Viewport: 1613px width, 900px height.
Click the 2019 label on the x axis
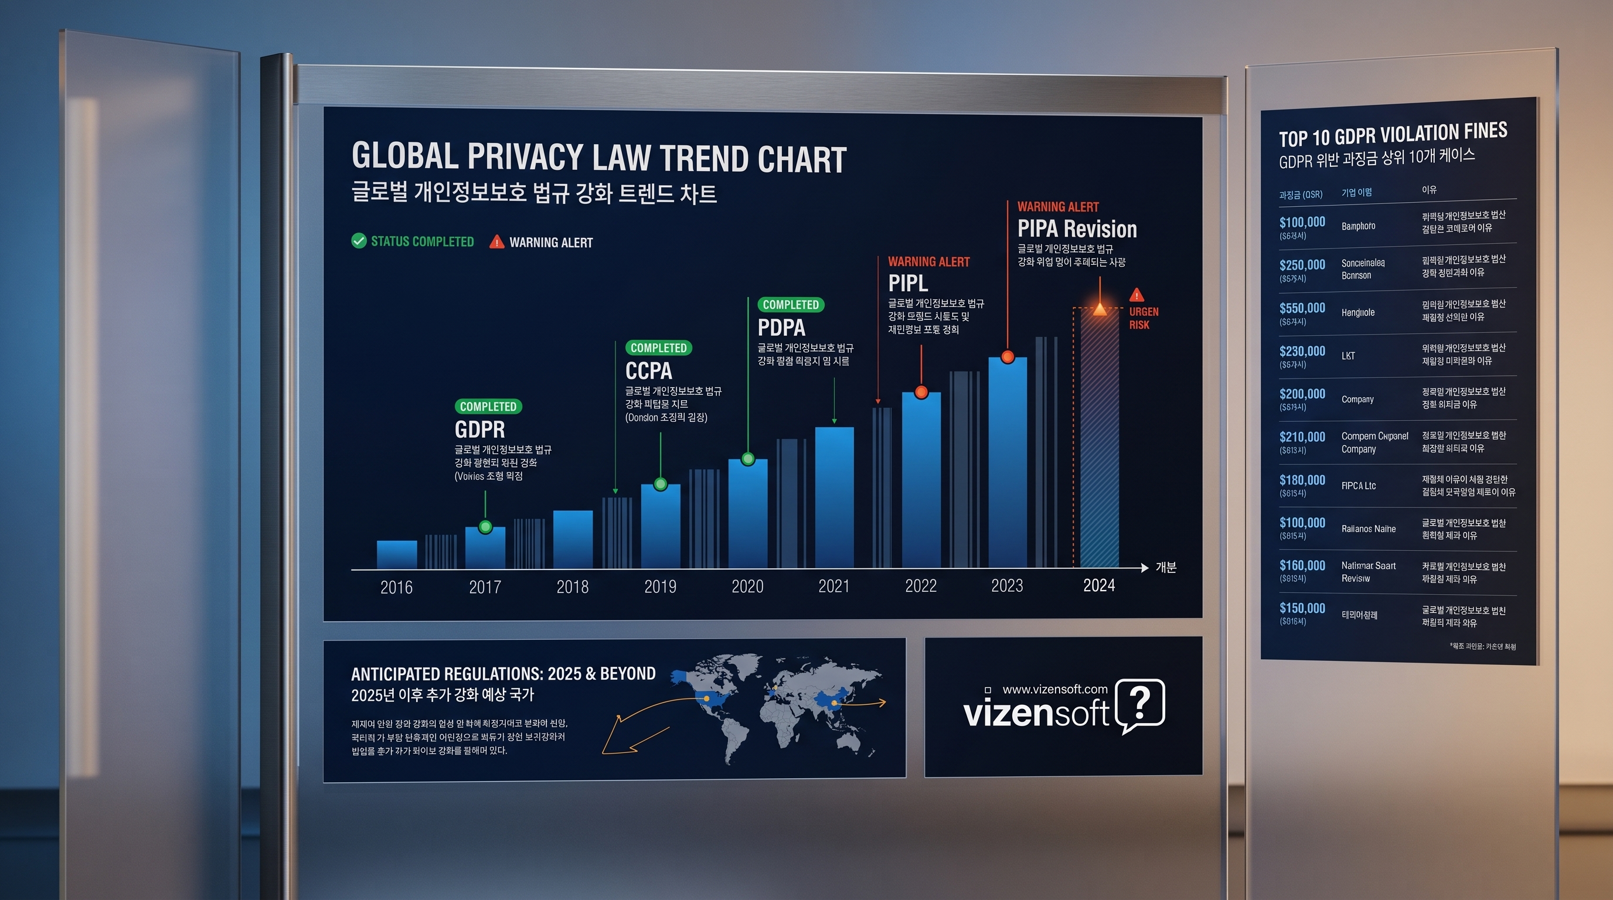tap(660, 587)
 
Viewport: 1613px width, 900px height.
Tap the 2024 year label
tap(1099, 585)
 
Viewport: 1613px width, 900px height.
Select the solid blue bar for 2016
tap(396, 554)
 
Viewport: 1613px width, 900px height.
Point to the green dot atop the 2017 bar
tap(485, 527)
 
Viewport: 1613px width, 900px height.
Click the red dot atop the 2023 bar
tap(1008, 357)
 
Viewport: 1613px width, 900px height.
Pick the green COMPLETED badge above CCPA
tap(658, 348)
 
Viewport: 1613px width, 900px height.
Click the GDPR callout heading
tap(479, 429)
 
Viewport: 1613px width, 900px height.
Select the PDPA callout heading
tap(781, 328)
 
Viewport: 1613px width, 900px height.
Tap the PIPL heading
tap(908, 284)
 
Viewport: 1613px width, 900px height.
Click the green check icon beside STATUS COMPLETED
tap(359, 241)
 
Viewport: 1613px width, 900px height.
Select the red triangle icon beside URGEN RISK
tap(1136, 295)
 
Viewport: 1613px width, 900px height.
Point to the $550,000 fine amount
tap(1302, 308)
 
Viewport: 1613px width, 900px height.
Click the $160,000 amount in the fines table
tap(1302, 565)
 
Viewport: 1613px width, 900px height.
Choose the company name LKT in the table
tap(1348, 356)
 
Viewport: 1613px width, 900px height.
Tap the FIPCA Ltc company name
tap(1358, 486)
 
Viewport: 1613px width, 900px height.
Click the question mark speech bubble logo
tap(1139, 705)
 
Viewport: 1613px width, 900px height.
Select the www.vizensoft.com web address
tap(1054, 689)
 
